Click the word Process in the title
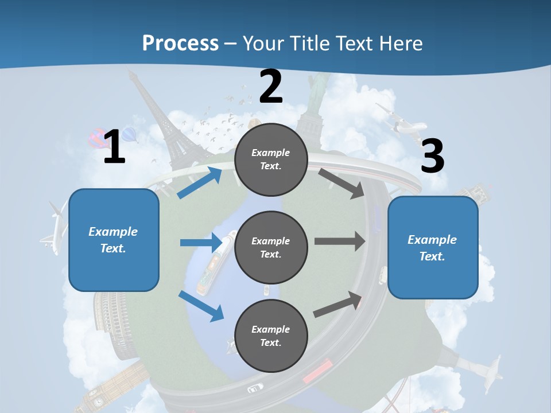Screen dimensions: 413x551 click(180, 43)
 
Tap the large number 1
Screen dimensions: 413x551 click(114, 147)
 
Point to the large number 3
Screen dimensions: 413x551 click(432, 156)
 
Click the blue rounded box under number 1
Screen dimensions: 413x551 click(114, 240)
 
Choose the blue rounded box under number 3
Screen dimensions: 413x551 click(433, 248)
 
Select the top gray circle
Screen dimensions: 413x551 click(271, 159)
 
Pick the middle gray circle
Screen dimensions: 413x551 click(271, 248)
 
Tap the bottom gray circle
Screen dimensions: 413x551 click(271, 336)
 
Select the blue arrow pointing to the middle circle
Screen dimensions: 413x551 click(201, 243)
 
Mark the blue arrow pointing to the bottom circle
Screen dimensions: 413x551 click(201, 306)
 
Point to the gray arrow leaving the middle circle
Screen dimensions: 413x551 click(339, 241)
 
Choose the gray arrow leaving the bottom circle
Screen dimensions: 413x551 click(338, 305)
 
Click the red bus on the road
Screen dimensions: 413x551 click(317, 370)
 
